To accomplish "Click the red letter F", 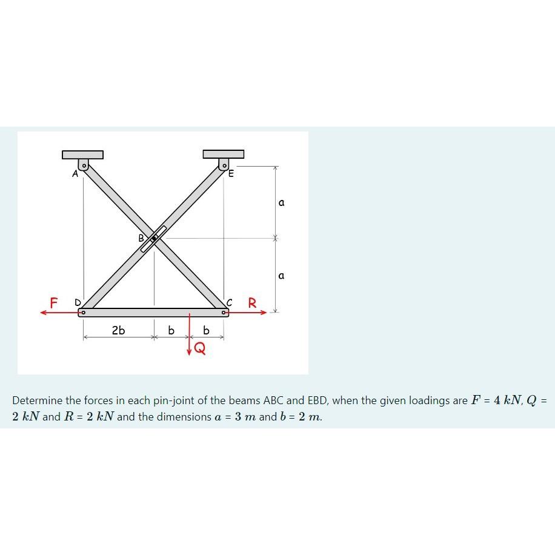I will pos(54,302).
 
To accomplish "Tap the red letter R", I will pos(253,302).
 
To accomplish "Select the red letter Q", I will pos(199,348).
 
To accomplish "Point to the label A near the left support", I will pos(75,174).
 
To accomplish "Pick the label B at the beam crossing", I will pos(142,238).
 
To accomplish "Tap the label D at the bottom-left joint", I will pos(77,302).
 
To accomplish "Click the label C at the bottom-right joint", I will pos(229,302).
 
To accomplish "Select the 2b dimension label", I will pos(118,330).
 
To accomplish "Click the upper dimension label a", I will pos(281,203).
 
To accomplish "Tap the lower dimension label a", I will pos(281,276).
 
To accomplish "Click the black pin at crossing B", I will pos(154,238).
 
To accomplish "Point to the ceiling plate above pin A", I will pos(82,155).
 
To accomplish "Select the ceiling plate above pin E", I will pos(224,154).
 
